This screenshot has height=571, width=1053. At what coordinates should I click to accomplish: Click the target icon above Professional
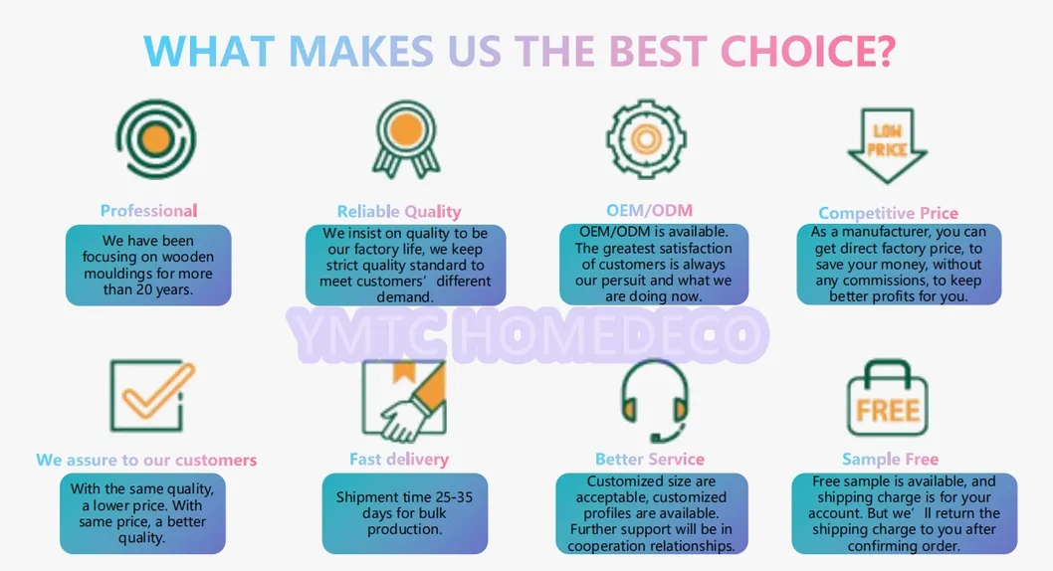156,139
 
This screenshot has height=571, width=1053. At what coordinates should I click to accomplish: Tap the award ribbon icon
406,139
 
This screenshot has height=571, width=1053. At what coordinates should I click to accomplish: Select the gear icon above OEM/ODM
646,139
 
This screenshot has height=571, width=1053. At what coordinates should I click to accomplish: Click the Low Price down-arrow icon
887,145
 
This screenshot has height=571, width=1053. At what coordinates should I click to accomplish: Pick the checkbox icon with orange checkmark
152,395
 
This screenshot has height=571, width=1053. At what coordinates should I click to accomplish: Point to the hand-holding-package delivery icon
404,401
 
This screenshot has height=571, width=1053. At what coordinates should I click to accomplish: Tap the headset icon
654,400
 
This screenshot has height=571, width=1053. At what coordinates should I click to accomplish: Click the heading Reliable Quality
399,212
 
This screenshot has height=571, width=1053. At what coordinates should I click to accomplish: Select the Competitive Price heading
888,213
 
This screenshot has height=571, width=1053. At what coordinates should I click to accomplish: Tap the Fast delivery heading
399,460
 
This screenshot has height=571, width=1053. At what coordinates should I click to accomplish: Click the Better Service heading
649,460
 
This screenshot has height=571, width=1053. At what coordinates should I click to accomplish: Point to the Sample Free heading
891,460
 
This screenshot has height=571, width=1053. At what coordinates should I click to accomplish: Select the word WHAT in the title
209,51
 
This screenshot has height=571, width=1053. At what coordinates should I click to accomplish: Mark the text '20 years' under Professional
162,290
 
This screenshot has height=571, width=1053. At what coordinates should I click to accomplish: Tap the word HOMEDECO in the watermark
610,334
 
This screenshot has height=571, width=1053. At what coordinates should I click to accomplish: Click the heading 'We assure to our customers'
146,461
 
